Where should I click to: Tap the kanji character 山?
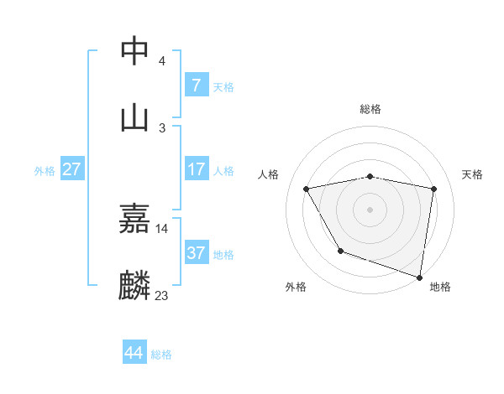[x=135, y=117]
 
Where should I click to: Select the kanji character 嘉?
[x=135, y=219]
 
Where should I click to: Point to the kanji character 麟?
[x=135, y=285]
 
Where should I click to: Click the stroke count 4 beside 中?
[x=162, y=61]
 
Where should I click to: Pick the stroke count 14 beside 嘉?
[x=162, y=228]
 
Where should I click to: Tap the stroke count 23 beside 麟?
[x=162, y=295]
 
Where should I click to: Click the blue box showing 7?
[x=197, y=86]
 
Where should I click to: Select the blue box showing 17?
[x=197, y=169]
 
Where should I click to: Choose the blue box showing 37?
[x=197, y=252]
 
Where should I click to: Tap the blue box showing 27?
[x=72, y=169]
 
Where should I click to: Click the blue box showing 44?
[x=134, y=353]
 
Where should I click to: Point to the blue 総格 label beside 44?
[x=161, y=355]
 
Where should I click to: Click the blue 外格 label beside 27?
[x=45, y=171]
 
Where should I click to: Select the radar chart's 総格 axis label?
[x=370, y=109]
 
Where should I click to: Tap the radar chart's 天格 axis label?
[x=473, y=174]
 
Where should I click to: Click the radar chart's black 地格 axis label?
[x=440, y=287]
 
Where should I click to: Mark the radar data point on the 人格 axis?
[x=307, y=189]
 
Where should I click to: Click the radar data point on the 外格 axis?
[x=340, y=251]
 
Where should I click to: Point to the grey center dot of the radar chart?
[x=370, y=209]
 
